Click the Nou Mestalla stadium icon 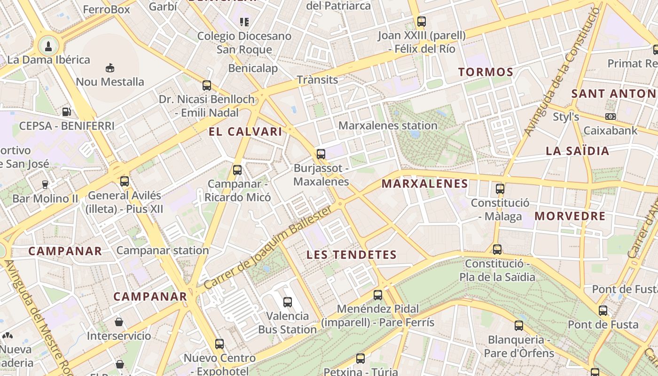(110, 68)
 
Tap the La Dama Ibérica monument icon (48, 46)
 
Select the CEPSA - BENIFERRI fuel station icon (67, 112)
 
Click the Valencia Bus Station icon (288, 302)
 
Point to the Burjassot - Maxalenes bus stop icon (321, 154)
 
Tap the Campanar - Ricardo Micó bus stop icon (237, 170)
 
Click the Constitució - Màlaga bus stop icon (500, 189)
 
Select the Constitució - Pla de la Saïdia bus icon (497, 250)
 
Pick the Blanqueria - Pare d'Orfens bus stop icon (519, 326)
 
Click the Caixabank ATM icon (611, 117)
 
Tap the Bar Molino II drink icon (45, 184)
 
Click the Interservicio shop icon (119, 322)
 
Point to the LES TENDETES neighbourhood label (352, 255)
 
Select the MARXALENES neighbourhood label (425, 184)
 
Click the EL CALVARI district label (245, 132)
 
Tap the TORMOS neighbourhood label (486, 72)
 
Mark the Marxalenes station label (388, 125)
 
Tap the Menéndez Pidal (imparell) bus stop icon (378, 295)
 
